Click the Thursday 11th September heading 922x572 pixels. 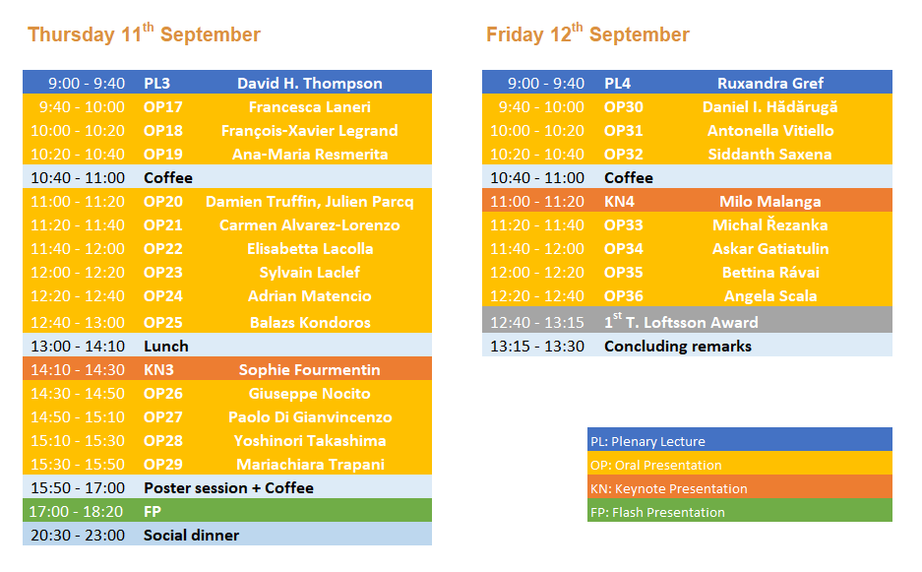144,33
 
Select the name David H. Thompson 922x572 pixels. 310,84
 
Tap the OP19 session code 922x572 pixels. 163,155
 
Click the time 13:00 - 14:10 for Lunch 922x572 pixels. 78,346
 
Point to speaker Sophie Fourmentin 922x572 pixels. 309,369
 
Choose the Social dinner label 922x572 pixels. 191,535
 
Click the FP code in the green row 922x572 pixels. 153,511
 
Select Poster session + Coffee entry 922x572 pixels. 228,488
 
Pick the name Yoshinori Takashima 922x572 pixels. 310,441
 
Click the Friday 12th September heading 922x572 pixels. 587,33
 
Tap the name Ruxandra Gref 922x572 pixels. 770,84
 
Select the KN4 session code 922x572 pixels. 619,201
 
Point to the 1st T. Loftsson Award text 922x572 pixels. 681,321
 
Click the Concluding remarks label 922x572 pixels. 677,346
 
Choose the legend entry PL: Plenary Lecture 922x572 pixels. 647,441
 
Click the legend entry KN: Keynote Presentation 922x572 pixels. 668,488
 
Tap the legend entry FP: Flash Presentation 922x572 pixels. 657,512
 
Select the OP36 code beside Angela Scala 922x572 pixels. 623,296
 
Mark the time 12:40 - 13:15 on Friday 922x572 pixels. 537,323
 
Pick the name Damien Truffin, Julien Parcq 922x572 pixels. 309,202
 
